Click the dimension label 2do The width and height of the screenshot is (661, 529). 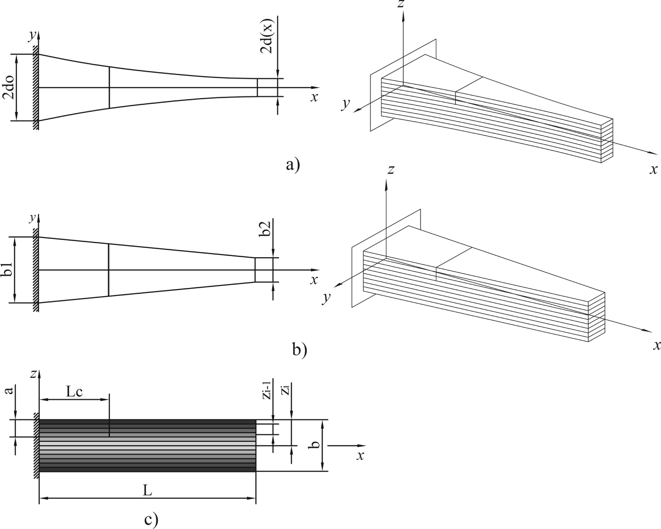point(10,87)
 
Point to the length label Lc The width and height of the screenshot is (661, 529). point(74,392)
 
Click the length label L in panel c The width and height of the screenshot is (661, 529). point(147,491)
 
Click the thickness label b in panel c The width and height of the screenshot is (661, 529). point(315,445)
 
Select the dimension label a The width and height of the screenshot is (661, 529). point(10,391)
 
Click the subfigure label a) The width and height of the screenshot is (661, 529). point(292,165)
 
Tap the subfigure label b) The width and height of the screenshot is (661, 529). point(299,350)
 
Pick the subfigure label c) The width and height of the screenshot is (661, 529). point(151,520)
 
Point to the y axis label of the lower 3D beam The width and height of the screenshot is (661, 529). point(327,298)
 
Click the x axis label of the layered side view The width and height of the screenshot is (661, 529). point(360,456)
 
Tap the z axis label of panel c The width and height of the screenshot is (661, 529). point(33,373)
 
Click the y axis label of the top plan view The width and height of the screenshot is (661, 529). point(33,35)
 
